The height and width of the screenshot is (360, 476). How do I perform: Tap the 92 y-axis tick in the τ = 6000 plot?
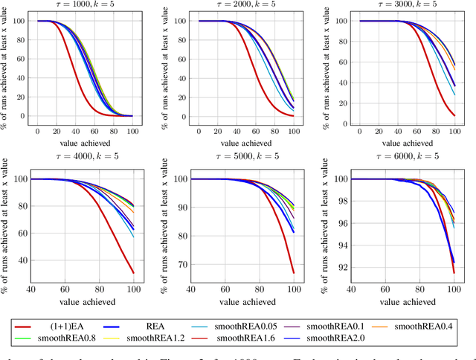343,267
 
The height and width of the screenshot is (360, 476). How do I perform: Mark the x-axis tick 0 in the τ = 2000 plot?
199,131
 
